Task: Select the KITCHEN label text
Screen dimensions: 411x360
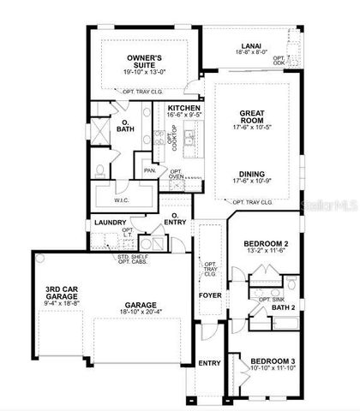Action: [184, 109]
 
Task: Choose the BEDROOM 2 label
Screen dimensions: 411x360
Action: [266, 244]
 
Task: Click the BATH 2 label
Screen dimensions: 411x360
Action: [283, 306]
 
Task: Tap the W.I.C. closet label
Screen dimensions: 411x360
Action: [121, 200]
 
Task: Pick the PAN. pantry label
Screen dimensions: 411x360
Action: [149, 170]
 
